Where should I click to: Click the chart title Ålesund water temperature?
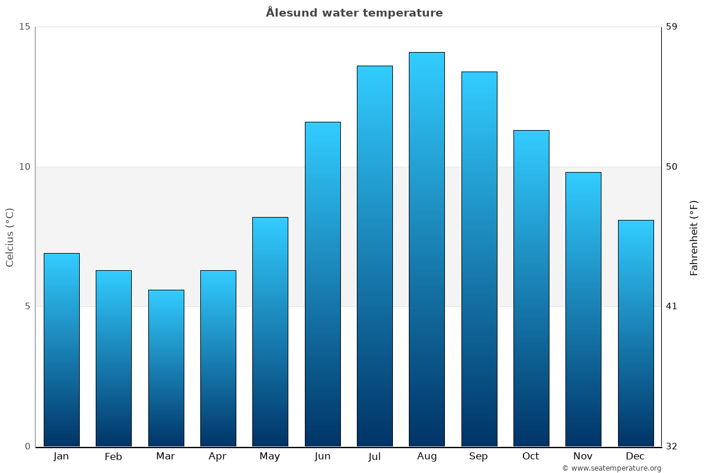coord(354,13)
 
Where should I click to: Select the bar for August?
coord(427,248)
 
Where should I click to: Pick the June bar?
coord(323,284)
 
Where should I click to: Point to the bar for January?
coord(61,349)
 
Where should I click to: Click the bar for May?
coord(270,331)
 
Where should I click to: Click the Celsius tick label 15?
coord(24,27)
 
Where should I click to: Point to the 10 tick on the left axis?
coord(24,167)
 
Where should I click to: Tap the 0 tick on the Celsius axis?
coord(27,446)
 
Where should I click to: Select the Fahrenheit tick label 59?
coord(672,27)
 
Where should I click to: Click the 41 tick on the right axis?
coord(672,306)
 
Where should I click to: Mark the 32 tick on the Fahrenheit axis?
coord(672,446)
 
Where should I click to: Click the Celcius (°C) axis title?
coord(9,237)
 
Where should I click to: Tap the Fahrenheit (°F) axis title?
coord(694,237)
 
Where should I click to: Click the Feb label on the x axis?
coord(113,456)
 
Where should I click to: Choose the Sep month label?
coord(479,456)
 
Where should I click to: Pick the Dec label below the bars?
coord(635,456)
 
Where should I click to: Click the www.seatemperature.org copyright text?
coord(612,468)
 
